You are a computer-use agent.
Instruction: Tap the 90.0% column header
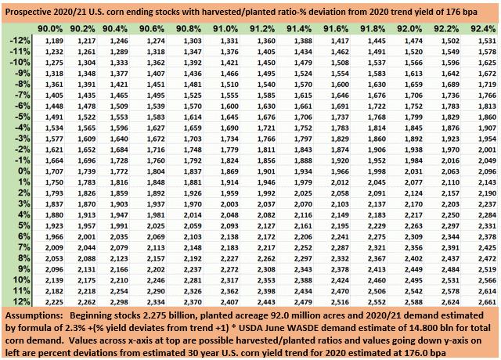coord(52,27)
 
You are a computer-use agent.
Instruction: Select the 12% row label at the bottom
coord(19,301)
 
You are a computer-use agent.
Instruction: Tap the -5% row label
coord(19,116)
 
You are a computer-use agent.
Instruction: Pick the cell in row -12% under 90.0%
coord(53,40)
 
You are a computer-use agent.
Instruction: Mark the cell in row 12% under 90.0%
coord(53,301)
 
